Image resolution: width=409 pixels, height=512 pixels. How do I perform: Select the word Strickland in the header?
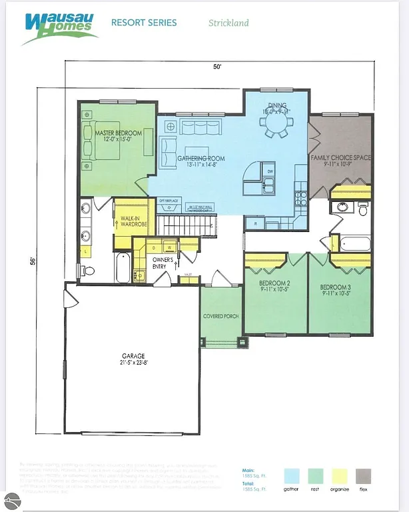click(x=228, y=23)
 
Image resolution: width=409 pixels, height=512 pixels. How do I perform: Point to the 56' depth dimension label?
click(x=33, y=261)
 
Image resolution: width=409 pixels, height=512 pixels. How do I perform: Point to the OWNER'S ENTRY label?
click(x=163, y=263)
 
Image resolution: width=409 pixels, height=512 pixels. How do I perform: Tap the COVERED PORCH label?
click(x=220, y=316)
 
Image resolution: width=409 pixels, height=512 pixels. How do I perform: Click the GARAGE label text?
click(x=133, y=356)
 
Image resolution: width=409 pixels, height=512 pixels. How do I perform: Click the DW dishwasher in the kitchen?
click(x=270, y=171)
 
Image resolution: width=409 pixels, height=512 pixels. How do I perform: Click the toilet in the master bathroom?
click(x=87, y=270)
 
